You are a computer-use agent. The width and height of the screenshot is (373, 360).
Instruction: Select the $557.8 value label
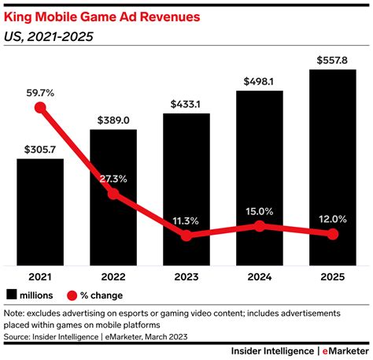click(332, 59)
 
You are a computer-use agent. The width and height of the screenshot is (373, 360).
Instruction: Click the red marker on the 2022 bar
click(113, 193)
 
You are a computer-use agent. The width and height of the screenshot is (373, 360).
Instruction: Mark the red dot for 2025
click(332, 234)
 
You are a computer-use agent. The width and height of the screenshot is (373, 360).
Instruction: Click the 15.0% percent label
click(259, 210)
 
